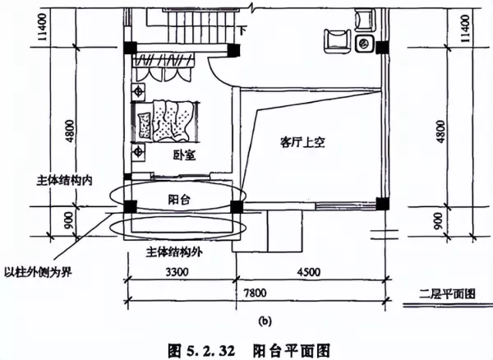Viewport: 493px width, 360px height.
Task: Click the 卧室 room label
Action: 185,155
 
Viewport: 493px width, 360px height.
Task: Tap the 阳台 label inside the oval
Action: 179,200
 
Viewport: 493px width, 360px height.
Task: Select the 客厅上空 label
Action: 302,142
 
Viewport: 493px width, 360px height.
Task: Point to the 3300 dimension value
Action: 177,272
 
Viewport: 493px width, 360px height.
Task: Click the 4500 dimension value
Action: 309,272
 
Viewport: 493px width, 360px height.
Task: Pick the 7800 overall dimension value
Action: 255,293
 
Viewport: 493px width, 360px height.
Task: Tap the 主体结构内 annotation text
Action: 64,181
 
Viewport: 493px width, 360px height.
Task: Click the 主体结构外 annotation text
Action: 174,252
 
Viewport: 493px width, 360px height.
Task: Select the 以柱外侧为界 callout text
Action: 38,272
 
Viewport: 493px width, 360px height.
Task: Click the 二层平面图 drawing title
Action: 447,293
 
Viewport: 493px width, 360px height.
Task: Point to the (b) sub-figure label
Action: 265,321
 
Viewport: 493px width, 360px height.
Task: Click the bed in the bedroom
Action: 166,122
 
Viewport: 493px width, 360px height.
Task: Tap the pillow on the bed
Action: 145,126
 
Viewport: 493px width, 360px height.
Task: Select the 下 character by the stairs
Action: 242,30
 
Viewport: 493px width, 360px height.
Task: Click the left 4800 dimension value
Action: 70,132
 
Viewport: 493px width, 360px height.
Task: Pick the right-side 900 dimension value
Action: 438,221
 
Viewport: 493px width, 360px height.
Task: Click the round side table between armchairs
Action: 365,44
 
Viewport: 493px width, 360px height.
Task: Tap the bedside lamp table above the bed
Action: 138,92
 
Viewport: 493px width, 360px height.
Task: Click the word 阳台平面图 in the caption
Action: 292,350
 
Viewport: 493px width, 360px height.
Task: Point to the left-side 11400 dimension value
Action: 42,27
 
